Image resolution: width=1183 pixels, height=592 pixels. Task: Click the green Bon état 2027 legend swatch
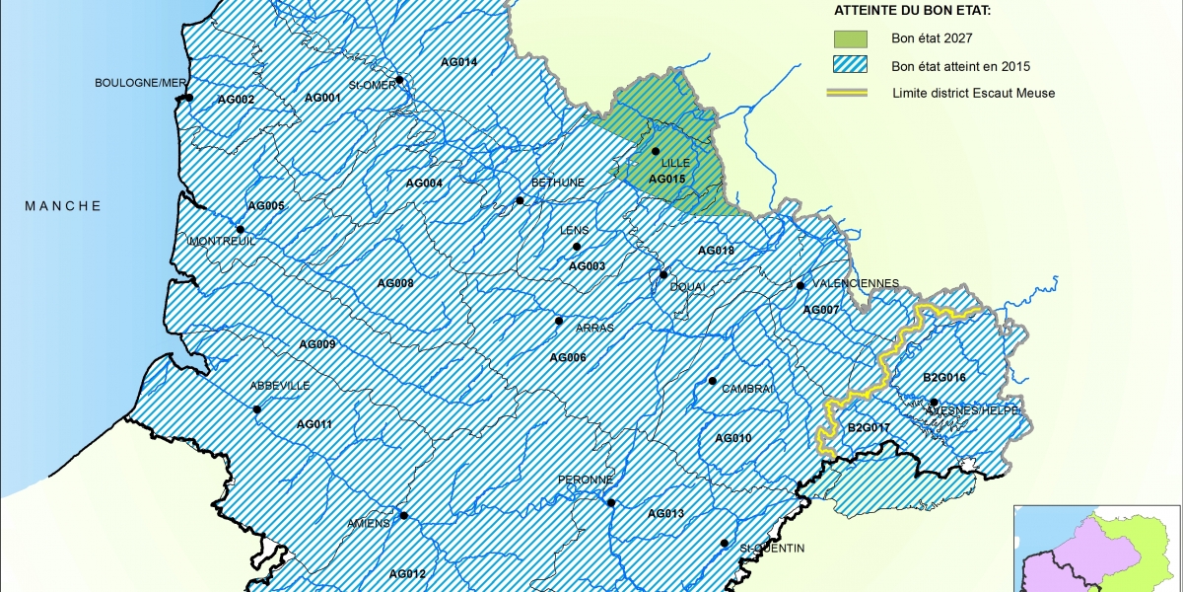851,39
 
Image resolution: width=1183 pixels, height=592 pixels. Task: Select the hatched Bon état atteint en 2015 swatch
851,66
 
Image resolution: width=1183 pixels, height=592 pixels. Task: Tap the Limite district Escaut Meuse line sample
851,93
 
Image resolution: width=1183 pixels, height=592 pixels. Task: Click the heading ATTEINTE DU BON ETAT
912,11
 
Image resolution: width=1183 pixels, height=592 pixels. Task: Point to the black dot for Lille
655,151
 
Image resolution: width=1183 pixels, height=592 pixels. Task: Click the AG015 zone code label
666,179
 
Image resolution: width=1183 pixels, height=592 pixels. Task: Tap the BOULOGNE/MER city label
139,83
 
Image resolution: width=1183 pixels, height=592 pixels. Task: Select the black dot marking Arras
558,321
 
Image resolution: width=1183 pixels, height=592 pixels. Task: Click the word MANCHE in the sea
63,205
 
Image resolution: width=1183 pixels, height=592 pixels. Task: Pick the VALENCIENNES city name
859,283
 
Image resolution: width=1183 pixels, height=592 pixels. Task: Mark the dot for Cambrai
712,381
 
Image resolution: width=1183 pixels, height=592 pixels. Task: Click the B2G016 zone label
943,378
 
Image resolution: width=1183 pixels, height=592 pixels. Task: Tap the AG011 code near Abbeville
314,424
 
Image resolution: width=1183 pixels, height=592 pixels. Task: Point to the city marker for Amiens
403,515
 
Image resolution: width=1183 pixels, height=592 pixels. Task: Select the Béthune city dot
520,200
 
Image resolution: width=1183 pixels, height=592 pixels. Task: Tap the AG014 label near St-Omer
458,62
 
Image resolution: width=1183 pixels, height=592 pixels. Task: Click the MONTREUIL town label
221,241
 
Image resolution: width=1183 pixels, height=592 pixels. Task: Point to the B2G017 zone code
869,427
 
